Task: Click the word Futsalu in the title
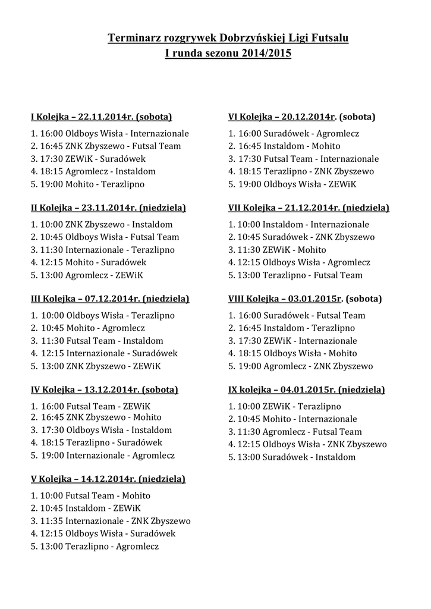point(326,39)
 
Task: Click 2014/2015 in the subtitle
point(267,53)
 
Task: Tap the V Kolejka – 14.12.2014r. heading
point(108,479)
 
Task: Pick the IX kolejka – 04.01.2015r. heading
point(306,390)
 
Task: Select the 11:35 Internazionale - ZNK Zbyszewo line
point(111,520)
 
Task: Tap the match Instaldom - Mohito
point(284,146)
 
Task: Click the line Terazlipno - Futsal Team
point(295,275)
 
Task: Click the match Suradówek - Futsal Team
point(297,315)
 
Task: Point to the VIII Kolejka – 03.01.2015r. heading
point(305,298)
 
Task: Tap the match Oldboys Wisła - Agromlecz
point(299,262)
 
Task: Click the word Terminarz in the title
point(133,39)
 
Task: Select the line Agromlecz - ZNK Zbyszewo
point(300,366)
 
